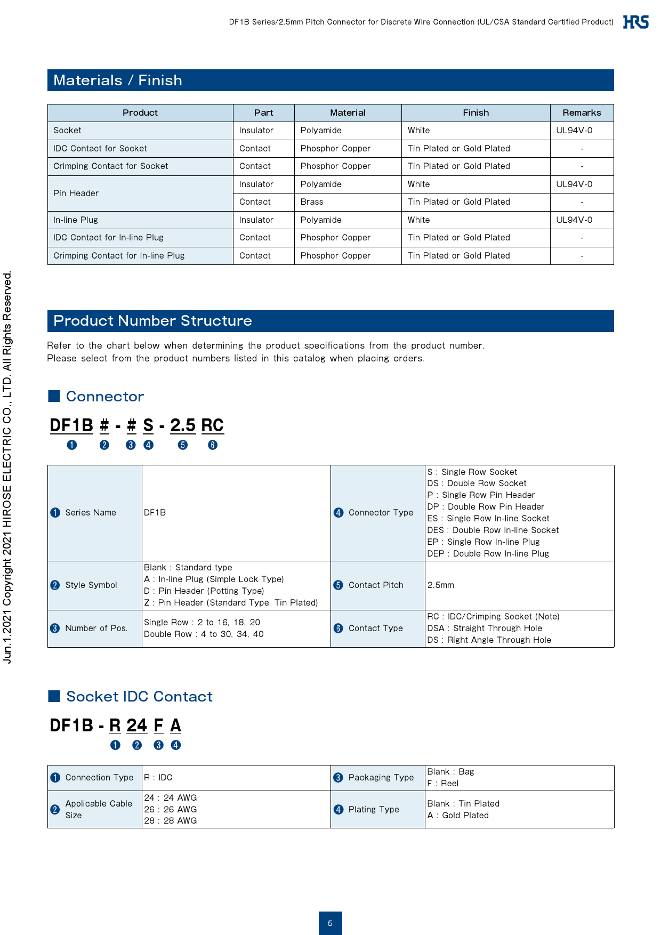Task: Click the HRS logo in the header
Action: [635, 22]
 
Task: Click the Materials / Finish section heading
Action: [117, 80]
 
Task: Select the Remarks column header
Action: [582, 112]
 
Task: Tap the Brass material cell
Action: [312, 202]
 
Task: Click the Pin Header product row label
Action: [76, 194]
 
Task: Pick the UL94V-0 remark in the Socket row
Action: [574, 131]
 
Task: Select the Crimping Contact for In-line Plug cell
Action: [119, 256]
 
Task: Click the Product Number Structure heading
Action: [152, 321]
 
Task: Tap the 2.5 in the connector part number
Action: [183, 425]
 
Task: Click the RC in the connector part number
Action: [212, 425]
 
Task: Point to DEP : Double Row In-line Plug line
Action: [488, 554]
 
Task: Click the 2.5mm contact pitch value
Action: [441, 585]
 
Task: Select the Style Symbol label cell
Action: [91, 585]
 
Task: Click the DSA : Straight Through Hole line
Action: [485, 628]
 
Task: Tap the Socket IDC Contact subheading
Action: [139, 697]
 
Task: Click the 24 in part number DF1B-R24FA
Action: [136, 726]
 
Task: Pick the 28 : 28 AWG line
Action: [171, 821]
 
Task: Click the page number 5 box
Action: [330, 923]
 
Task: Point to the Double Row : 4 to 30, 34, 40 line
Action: [204, 634]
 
